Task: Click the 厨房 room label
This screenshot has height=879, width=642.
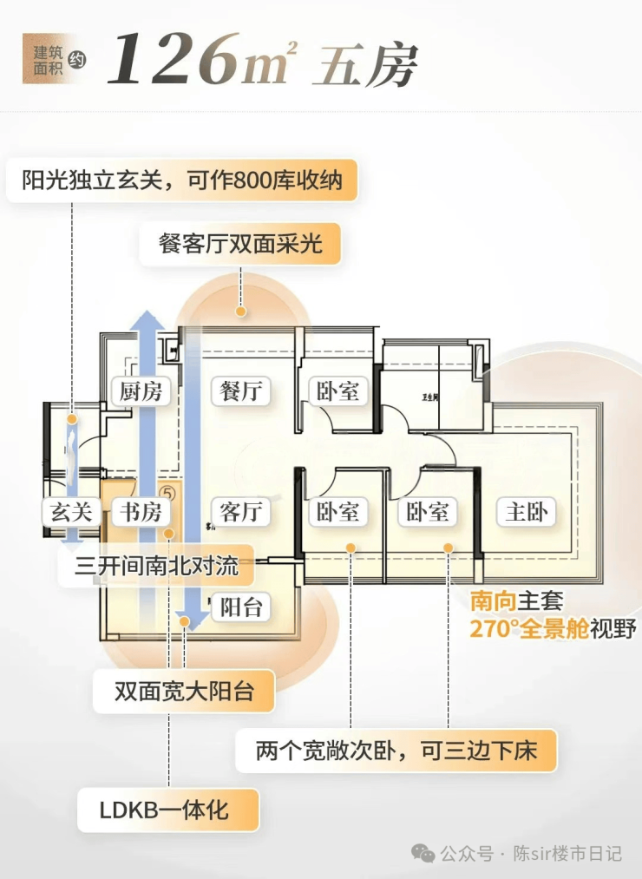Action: tap(141, 391)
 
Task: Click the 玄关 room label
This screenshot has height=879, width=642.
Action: tap(70, 512)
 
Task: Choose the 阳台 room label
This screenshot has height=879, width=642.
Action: tap(240, 607)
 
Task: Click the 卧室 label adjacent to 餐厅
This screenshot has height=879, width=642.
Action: tap(337, 391)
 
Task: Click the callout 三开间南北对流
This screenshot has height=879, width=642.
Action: tap(156, 567)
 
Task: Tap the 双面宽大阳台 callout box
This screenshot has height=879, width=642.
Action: tap(184, 692)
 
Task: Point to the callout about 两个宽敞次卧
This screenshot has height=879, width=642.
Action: tap(396, 750)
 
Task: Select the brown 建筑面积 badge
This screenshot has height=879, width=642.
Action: tap(50, 59)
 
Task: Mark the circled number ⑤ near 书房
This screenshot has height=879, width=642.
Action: tap(169, 491)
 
